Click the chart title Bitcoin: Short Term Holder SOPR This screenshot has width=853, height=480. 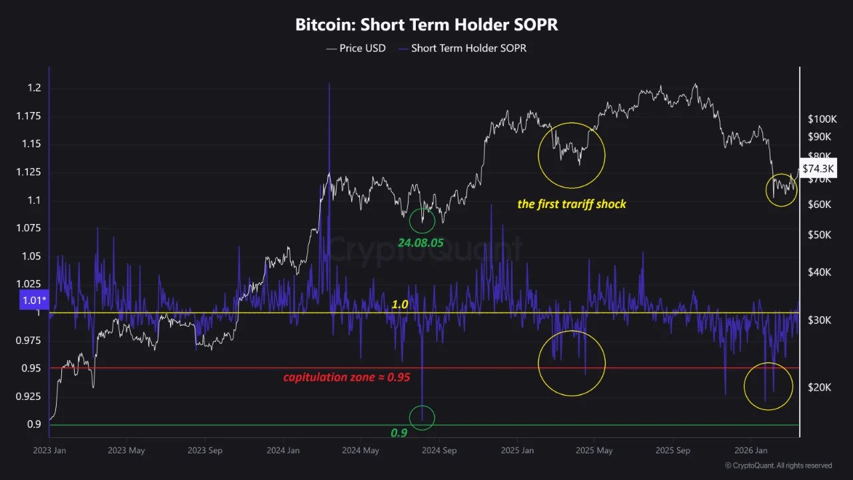[426, 25]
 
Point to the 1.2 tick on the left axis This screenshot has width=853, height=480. [34, 88]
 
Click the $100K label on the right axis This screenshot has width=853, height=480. [822, 119]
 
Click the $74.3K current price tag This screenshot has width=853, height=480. [817, 169]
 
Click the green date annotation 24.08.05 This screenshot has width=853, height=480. [421, 243]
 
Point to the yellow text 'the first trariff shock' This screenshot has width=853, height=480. [572, 204]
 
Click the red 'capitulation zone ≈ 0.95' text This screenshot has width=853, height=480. [347, 377]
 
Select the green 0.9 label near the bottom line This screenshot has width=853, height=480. [399, 433]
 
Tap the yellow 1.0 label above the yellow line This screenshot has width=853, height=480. [400, 304]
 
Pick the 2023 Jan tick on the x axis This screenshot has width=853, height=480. [49, 451]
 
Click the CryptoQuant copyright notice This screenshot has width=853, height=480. [778, 465]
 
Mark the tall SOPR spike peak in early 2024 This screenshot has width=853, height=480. [329, 85]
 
